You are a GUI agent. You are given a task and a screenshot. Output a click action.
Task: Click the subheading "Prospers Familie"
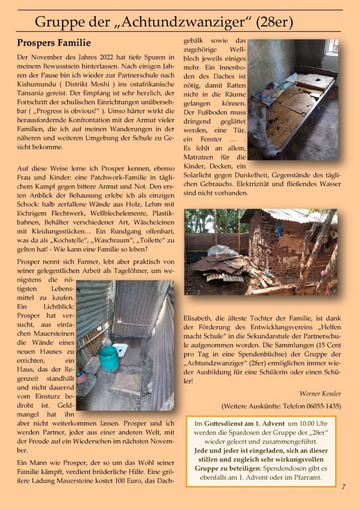coord(54,43)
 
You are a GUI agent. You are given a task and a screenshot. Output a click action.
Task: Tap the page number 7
coord(343,487)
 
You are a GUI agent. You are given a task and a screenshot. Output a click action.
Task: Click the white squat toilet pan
coord(120,350)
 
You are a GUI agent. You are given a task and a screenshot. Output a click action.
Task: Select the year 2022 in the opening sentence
coord(108,58)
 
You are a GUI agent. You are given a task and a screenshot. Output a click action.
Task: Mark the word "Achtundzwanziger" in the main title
coord(177,22)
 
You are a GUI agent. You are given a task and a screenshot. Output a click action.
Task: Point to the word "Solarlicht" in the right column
coord(202,174)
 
